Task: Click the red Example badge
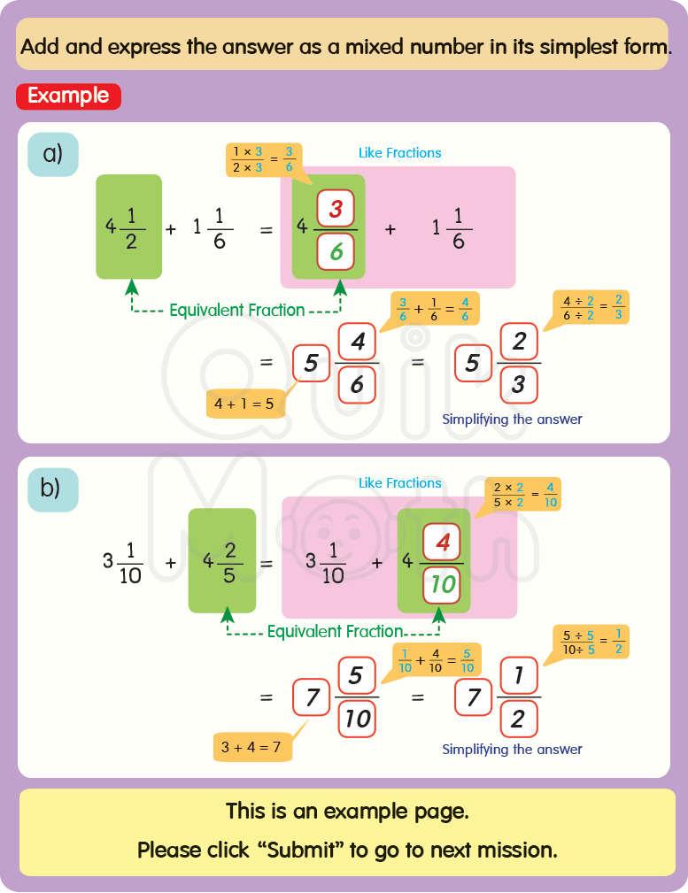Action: (x=68, y=96)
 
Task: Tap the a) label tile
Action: (x=53, y=154)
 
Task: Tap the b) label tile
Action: (x=53, y=489)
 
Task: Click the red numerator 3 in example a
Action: (x=336, y=210)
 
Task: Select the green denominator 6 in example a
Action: (x=336, y=252)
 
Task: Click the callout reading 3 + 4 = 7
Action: (x=252, y=747)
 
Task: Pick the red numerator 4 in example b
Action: (x=443, y=543)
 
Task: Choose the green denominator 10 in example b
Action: (x=442, y=585)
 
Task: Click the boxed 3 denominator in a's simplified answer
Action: (x=519, y=384)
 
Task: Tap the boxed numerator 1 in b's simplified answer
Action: (x=519, y=677)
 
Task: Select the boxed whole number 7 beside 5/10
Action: (x=312, y=698)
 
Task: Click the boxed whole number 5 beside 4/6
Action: (x=311, y=363)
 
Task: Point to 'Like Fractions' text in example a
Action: (x=399, y=153)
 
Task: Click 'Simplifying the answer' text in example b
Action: (x=512, y=750)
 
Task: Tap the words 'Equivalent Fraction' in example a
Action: (x=236, y=311)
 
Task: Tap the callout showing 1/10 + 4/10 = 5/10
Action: (x=435, y=660)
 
